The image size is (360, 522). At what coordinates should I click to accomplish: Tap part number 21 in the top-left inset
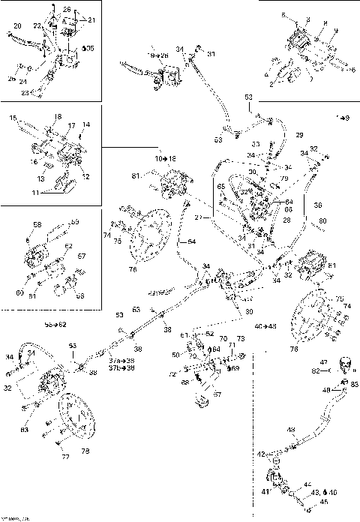pyautogui.click(x=91, y=19)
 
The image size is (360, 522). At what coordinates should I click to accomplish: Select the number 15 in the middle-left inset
pyautogui.click(x=13, y=118)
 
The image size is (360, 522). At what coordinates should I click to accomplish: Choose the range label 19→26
pyautogui.click(x=158, y=55)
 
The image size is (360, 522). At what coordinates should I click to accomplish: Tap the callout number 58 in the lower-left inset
pyautogui.click(x=37, y=224)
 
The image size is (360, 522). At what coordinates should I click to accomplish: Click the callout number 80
pyautogui.click(x=323, y=220)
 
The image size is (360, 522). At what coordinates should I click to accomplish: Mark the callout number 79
pyautogui.click(x=285, y=178)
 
